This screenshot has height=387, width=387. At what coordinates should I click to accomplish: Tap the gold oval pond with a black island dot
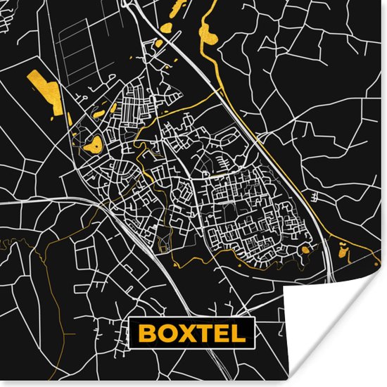pyautogui.click(x=92, y=146)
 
